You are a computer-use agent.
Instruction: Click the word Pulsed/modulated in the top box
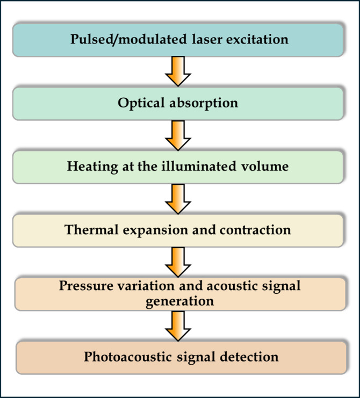(128, 40)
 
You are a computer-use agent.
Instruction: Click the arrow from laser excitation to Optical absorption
(178, 71)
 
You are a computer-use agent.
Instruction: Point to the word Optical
(141, 103)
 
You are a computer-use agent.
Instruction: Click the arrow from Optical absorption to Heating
(178, 135)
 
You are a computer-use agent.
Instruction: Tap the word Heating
(92, 167)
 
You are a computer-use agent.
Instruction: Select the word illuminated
(199, 167)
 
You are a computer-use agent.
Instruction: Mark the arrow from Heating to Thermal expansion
(178, 199)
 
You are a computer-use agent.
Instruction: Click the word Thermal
(92, 230)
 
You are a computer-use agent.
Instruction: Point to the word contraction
(255, 230)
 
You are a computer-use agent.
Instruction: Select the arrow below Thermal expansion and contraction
(178, 262)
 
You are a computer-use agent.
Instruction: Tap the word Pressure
(86, 285)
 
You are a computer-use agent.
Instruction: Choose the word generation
(180, 301)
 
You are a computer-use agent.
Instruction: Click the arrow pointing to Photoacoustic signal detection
(178, 326)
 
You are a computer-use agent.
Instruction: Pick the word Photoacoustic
(128, 356)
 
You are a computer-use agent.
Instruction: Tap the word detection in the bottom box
(249, 356)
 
